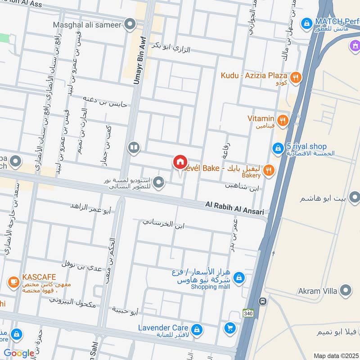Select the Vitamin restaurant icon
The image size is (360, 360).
pos(283,120)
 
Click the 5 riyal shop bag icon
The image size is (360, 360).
pos(278,147)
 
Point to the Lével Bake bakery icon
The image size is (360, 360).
pos(268,169)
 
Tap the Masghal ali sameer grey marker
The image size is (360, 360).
pos(130,24)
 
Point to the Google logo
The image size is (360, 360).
pos(19,353)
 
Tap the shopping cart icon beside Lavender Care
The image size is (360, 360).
pos(230,328)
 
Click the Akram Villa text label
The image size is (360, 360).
pos(318,291)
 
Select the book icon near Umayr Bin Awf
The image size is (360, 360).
pos(133,147)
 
